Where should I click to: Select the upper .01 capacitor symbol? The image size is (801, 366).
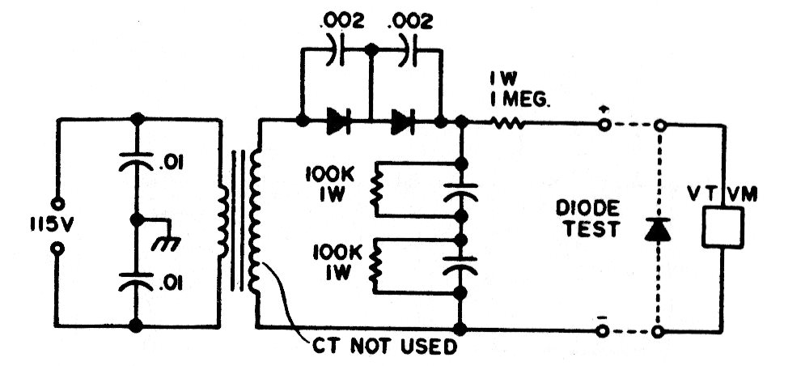pos(136,161)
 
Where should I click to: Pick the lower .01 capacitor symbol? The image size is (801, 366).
pos(136,282)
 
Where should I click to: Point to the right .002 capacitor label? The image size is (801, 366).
pos(410,21)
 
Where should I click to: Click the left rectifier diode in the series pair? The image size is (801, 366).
pos(338,121)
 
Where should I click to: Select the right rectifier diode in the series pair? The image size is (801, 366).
pos(403,121)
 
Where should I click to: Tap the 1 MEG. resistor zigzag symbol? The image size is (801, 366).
pos(507,123)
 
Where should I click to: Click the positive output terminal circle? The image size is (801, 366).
pos(604,125)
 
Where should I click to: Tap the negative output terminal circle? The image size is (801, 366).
pos(604,332)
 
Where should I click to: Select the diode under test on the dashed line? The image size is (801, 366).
pos(658,229)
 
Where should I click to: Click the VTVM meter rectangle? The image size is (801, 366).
pos(723,228)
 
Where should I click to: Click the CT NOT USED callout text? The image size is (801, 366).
pos(384,347)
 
